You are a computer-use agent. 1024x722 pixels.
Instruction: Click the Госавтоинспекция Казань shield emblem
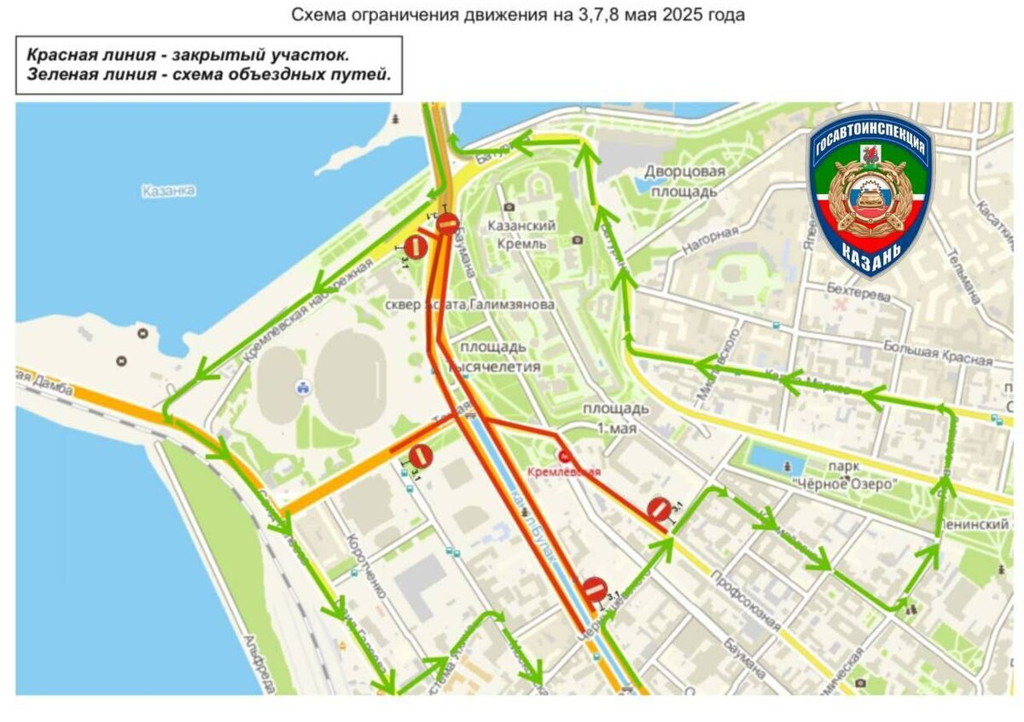pos(871,194)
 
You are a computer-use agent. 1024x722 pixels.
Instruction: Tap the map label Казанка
pos(169,191)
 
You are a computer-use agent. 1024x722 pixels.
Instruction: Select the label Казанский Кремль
pos(521,234)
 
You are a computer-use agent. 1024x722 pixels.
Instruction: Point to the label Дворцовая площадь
pos(684,182)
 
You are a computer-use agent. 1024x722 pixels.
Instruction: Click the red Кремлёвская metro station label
pos(564,471)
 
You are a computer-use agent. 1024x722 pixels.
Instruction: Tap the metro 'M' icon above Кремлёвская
pos(564,456)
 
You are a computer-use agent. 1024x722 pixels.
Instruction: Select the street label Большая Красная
pos(938,354)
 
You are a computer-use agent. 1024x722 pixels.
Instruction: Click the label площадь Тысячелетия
pos(500,357)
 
